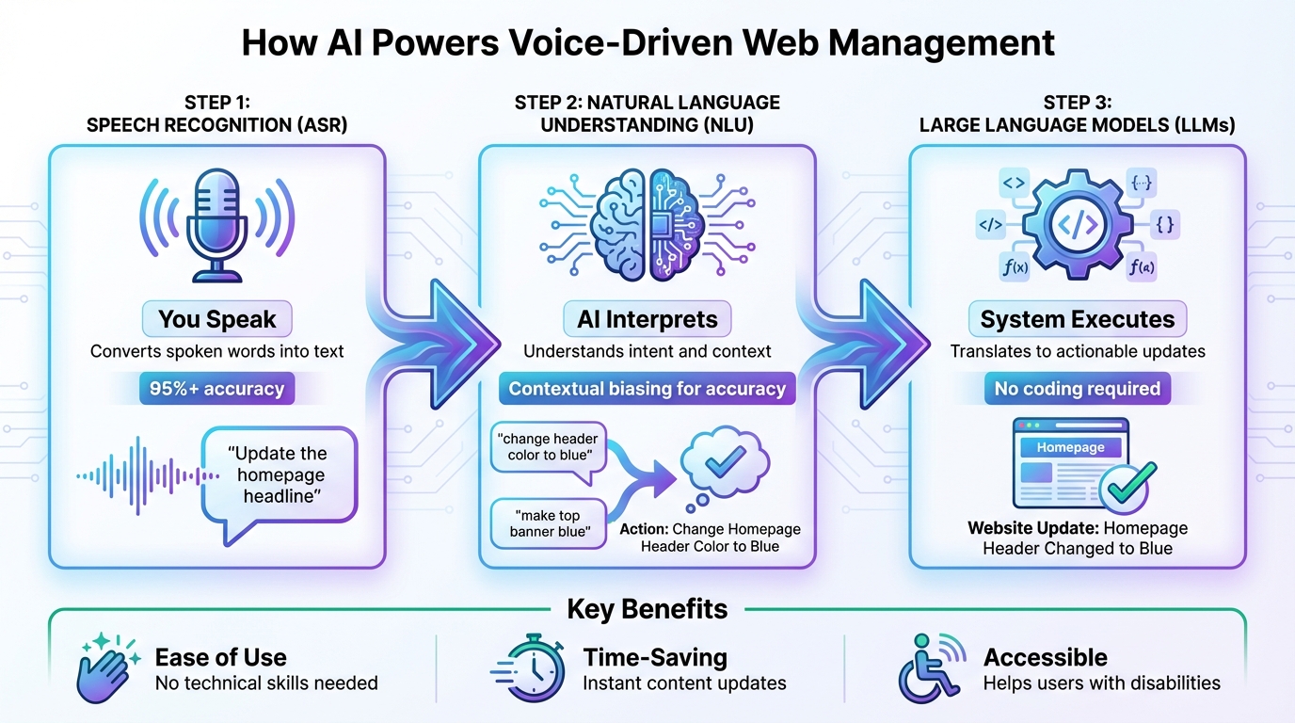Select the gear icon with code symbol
[x=1077, y=224]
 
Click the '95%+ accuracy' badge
[x=217, y=389]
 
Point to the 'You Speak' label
[x=217, y=319]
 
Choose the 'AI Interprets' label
[x=647, y=319]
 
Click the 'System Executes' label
[x=1078, y=319]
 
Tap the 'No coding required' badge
[x=1078, y=389]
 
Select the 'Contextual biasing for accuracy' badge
[x=647, y=389]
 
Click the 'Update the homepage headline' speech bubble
[x=280, y=475]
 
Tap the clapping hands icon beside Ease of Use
[x=107, y=669]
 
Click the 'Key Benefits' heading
[x=647, y=609]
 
